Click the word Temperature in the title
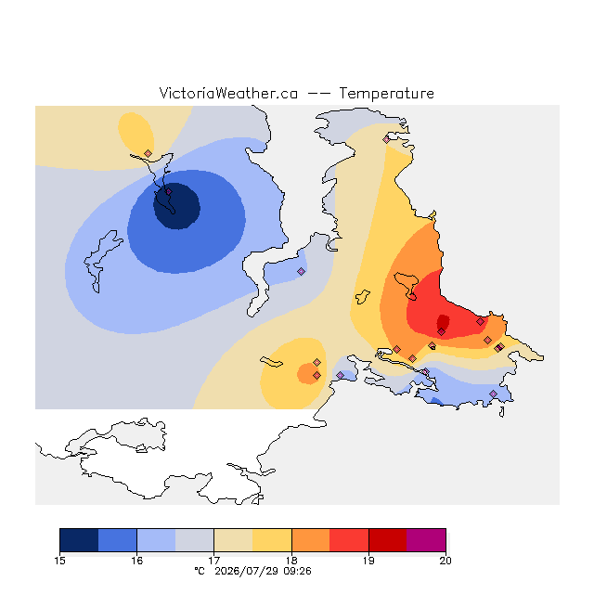[386, 93]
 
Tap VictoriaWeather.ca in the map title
[228, 93]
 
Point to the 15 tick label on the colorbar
[59, 561]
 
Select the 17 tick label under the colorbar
[214, 561]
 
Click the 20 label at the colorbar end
[445, 561]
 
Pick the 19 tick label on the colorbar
[368, 561]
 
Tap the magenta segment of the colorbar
[426, 540]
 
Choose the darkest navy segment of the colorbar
[79, 540]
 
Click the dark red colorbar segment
[388, 540]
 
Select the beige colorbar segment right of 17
[233, 540]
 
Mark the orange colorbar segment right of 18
[311, 540]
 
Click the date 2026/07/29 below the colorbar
[247, 571]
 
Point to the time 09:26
[297, 571]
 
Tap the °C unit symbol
[200, 571]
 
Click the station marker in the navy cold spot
[169, 192]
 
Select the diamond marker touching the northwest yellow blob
[148, 153]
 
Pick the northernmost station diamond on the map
[386, 140]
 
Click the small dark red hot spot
[443, 322]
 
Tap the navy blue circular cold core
[176, 206]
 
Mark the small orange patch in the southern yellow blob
[309, 373]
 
